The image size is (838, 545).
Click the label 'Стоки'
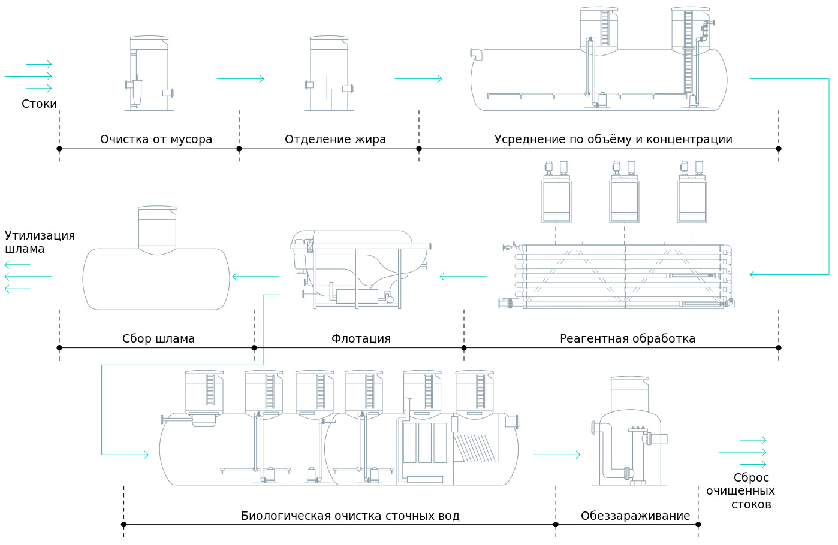point(39,104)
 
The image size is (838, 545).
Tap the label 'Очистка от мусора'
point(156,140)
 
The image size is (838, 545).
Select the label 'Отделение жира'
point(335,140)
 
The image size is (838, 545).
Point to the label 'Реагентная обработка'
point(627,339)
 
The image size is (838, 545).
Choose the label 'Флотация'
point(361,339)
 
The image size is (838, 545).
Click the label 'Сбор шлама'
point(158,339)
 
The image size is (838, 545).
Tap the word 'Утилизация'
point(40,235)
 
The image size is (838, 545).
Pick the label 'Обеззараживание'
point(635,516)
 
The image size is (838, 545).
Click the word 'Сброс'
point(750,478)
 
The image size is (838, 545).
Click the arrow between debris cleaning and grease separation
point(240,78)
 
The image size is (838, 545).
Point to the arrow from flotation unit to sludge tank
point(255,277)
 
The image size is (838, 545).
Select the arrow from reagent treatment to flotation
point(463,277)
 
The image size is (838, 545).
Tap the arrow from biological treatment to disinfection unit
point(556,455)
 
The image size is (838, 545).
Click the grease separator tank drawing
point(328,74)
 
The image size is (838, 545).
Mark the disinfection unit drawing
point(629,440)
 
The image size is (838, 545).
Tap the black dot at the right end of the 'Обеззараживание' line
point(698,525)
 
